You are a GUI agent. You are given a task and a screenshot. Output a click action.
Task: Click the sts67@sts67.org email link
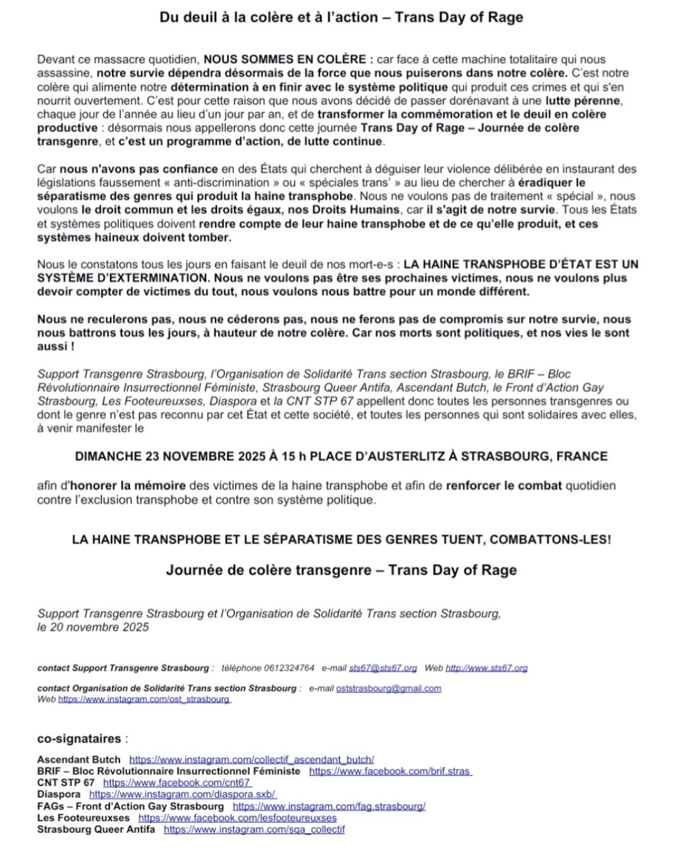click(x=383, y=668)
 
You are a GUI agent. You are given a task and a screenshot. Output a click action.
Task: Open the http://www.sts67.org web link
click(x=486, y=668)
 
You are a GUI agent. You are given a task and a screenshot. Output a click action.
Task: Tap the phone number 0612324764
click(x=288, y=668)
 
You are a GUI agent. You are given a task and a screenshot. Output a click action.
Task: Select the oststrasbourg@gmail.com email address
click(x=388, y=688)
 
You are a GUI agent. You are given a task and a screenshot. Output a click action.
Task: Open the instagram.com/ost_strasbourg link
click(x=144, y=699)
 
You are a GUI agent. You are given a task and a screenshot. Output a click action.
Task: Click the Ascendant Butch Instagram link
click(x=251, y=759)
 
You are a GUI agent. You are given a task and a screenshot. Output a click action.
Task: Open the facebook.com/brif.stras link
click(x=390, y=771)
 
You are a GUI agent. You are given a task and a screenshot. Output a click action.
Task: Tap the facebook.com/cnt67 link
click(x=177, y=783)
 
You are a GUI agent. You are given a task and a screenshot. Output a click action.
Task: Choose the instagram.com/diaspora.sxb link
click(x=183, y=794)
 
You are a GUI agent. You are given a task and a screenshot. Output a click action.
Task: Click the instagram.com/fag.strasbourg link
click(x=329, y=806)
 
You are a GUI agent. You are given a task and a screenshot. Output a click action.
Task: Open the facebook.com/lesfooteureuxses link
click(x=237, y=818)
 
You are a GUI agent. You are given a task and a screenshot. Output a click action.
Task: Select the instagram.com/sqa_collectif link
click(x=254, y=830)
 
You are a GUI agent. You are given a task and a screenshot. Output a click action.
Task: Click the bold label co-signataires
click(x=79, y=739)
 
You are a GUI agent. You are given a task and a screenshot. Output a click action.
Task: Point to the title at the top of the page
click(x=341, y=18)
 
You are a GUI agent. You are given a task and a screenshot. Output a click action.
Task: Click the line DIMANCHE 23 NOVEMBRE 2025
click(x=341, y=456)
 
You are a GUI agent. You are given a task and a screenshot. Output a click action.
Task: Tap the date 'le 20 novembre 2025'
click(x=93, y=627)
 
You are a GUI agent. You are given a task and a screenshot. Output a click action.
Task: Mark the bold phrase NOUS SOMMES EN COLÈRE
click(x=285, y=59)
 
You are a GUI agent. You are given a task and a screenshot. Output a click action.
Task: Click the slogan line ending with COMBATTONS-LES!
click(x=341, y=540)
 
